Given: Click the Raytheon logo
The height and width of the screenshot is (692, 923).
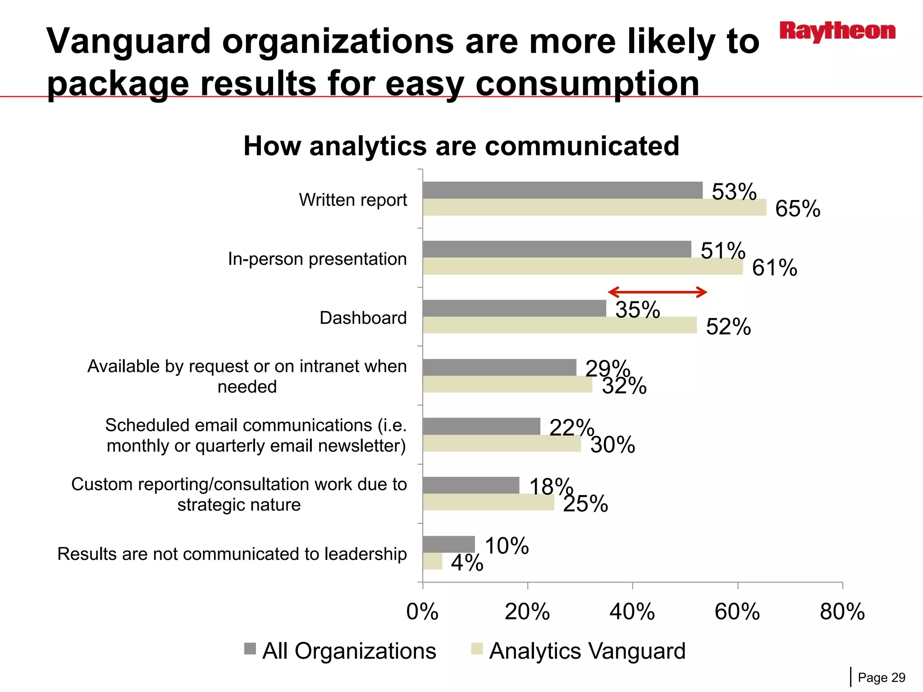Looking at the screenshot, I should (x=837, y=32).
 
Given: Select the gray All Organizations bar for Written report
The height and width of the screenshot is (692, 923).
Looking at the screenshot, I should (x=562, y=190).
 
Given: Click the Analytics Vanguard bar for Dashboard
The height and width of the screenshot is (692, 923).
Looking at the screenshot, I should (x=559, y=325).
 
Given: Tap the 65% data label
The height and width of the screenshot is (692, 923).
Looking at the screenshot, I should (x=797, y=209).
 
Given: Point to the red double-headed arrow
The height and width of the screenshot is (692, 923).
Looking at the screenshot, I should (x=658, y=292).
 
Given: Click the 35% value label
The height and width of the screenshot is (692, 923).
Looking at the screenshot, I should (x=637, y=310).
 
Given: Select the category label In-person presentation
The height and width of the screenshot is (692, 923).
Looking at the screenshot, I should (x=317, y=259).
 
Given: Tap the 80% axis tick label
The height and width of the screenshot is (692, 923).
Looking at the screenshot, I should (x=842, y=611).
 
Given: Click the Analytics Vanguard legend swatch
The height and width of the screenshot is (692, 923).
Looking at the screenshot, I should (x=477, y=649).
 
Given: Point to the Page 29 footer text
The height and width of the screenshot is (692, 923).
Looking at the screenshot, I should (x=881, y=678).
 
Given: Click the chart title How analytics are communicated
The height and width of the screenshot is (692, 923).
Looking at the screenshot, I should (x=461, y=146).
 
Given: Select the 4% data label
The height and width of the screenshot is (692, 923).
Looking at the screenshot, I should (x=467, y=563).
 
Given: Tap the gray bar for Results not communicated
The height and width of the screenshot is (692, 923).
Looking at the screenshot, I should (x=448, y=544).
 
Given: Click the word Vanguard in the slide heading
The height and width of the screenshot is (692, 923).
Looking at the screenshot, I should (x=129, y=41).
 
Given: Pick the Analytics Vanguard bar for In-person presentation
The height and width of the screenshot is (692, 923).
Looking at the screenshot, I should (x=582, y=266).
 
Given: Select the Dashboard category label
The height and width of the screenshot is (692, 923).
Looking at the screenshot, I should (x=363, y=318).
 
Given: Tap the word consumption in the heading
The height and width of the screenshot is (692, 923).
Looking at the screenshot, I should (x=587, y=84).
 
